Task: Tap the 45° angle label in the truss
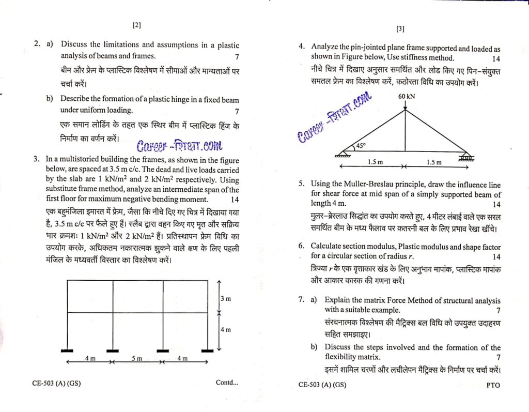[360, 146]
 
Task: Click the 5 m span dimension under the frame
[136, 358]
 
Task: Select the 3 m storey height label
[226, 299]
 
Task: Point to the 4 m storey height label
[226, 330]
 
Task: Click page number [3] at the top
[400, 29]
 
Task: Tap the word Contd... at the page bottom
[227, 383]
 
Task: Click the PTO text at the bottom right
[493, 385]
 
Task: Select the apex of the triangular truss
[405, 110]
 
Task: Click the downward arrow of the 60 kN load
[405, 105]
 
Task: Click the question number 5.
[301, 184]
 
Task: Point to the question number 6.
[301, 247]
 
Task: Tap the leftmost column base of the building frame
[67, 350]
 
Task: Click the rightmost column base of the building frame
[208, 350]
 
